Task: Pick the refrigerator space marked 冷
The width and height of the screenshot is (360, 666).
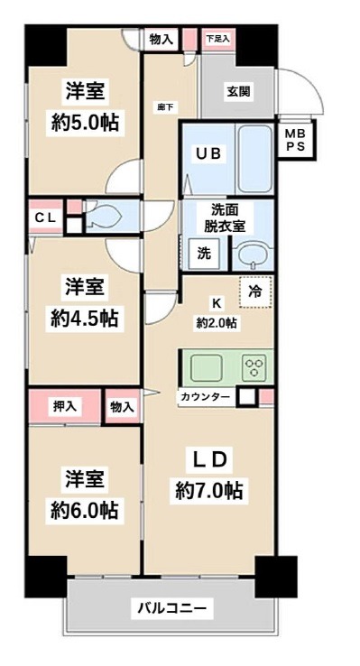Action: pyautogui.click(x=255, y=291)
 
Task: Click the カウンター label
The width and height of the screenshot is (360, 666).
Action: pyautogui.click(x=205, y=397)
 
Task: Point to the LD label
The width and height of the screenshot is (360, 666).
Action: pyautogui.click(x=209, y=459)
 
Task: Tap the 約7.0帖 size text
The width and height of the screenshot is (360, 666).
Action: pyautogui.click(x=211, y=491)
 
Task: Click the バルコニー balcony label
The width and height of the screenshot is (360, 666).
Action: pyautogui.click(x=171, y=608)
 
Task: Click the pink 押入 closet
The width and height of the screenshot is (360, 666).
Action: pyautogui.click(x=64, y=406)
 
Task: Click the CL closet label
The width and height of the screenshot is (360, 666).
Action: pyautogui.click(x=46, y=217)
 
